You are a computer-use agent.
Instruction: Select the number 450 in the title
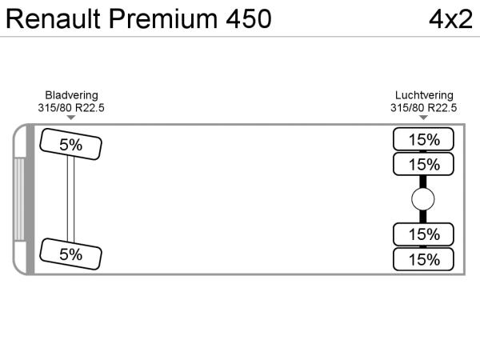245,18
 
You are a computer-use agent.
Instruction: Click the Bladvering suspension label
71,94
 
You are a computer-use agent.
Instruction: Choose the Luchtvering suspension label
423,94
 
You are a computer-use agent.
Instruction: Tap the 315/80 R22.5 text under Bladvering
71,107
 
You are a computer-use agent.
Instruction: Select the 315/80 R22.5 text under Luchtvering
423,107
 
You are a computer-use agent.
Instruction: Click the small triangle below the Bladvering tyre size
71,118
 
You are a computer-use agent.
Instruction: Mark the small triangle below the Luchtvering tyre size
423,118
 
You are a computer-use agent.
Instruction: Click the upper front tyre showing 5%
71,145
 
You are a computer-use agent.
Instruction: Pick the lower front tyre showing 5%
71,254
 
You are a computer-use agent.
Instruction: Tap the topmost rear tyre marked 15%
423,139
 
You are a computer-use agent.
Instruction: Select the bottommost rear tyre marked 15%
423,259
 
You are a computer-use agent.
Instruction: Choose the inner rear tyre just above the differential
423,164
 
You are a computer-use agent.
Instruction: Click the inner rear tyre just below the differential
423,234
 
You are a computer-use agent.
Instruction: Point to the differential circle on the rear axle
423,199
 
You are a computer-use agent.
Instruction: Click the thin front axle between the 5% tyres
71,200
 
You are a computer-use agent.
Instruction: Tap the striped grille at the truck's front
18,200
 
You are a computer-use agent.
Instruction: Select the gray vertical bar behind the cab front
30,200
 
